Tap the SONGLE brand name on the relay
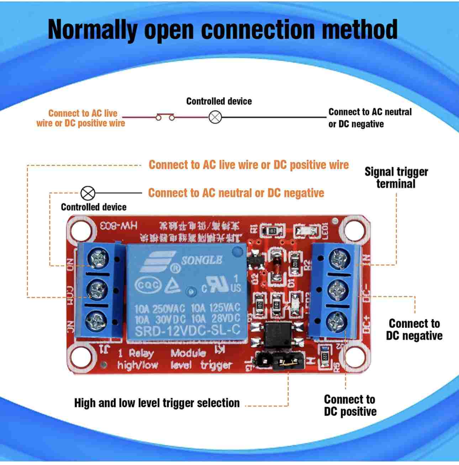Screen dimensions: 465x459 point(202,260)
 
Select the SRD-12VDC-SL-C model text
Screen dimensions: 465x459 point(188,330)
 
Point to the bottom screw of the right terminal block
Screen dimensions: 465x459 point(336,320)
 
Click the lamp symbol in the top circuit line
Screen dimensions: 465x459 point(215,117)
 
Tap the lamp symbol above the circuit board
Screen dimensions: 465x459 point(88,193)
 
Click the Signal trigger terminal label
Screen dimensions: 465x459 point(396,177)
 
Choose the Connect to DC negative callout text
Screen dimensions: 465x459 point(414,330)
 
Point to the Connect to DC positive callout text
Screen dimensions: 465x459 point(350,405)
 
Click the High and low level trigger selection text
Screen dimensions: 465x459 point(157,403)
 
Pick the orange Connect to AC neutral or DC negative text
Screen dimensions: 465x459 point(236,193)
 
